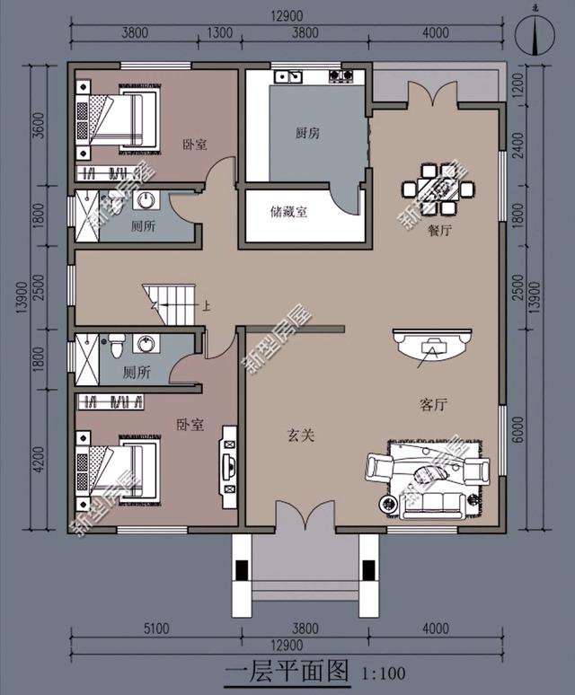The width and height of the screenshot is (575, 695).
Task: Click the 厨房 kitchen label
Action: coord(308,133)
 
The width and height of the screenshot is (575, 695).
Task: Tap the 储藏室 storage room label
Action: coord(288,213)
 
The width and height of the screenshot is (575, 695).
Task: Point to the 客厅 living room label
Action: coord(433,405)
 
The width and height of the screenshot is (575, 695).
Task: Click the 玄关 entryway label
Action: coord(300,436)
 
